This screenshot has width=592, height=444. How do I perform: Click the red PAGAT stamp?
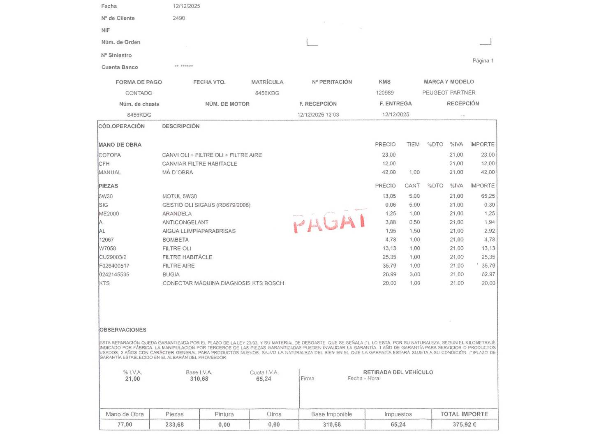click(329, 221)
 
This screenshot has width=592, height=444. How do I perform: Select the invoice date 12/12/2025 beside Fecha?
click(186, 6)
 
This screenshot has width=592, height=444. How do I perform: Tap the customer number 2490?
click(179, 18)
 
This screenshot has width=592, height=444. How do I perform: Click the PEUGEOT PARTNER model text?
click(449, 93)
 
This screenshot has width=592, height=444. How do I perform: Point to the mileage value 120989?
click(385, 93)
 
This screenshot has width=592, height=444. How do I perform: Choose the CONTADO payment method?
click(139, 93)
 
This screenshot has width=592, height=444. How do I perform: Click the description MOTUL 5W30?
click(179, 197)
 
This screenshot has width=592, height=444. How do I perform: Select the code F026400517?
click(114, 266)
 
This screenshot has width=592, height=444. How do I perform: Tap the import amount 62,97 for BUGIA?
click(488, 275)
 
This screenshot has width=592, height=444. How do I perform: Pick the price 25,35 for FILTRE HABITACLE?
click(389, 257)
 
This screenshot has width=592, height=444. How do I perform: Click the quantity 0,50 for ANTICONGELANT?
click(414, 222)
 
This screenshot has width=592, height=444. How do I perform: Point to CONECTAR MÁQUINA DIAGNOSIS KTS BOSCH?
click(223, 283)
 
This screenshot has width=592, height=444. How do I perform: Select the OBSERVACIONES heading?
click(123, 330)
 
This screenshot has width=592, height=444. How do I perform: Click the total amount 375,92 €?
click(464, 425)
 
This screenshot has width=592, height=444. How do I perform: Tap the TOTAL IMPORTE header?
click(464, 414)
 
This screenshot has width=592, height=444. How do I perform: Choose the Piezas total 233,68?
click(174, 425)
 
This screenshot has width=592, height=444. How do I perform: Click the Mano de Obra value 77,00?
click(125, 425)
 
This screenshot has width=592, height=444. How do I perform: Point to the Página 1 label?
click(483, 61)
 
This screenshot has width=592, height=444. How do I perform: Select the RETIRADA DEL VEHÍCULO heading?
click(398, 372)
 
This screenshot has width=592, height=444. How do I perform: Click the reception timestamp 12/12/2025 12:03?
click(318, 115)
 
